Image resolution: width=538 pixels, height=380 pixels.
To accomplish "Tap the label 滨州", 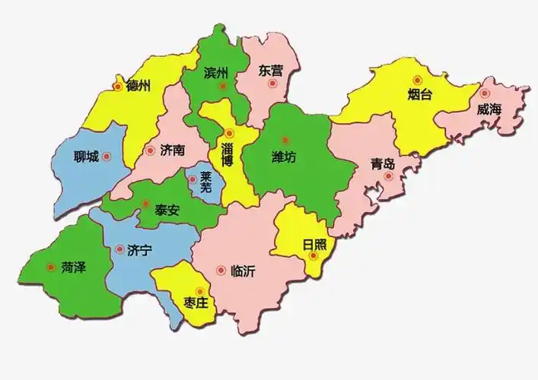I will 217,74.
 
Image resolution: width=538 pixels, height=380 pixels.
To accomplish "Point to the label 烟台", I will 419,95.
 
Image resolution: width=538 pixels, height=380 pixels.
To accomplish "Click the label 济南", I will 173,150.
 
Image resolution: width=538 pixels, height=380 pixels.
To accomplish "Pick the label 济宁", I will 140,249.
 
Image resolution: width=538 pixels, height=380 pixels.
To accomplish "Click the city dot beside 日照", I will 313,256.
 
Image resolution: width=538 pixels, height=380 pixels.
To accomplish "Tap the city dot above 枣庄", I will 200,290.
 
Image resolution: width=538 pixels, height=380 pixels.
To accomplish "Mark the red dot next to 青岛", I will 388,176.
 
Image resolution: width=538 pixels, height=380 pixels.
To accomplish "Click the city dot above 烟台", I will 417,80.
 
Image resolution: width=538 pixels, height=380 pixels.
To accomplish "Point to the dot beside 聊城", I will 107,157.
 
